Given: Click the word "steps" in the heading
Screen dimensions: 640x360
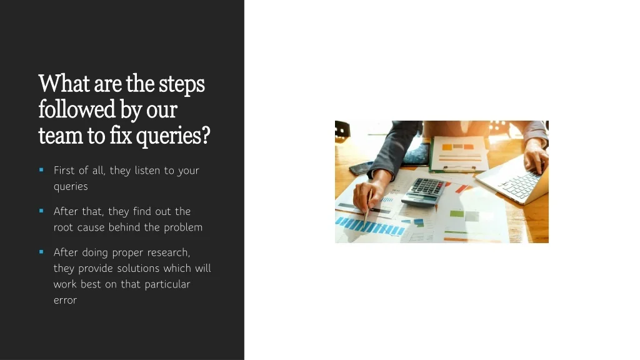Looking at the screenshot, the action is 182,84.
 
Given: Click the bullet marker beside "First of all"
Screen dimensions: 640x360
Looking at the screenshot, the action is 41,170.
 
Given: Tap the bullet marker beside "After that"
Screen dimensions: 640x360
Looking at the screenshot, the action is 41,211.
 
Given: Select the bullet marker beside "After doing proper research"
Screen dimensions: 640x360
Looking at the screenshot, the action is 41,252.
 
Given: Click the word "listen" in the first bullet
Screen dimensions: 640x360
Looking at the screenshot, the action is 147,170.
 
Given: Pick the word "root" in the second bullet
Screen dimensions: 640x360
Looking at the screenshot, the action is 63,227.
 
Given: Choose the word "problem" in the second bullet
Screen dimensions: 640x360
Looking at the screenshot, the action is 183,227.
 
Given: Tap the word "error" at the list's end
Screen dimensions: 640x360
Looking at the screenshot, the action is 65,301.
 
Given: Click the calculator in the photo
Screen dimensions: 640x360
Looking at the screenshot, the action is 423,191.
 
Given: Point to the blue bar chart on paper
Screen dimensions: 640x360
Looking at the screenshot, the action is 370,226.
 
